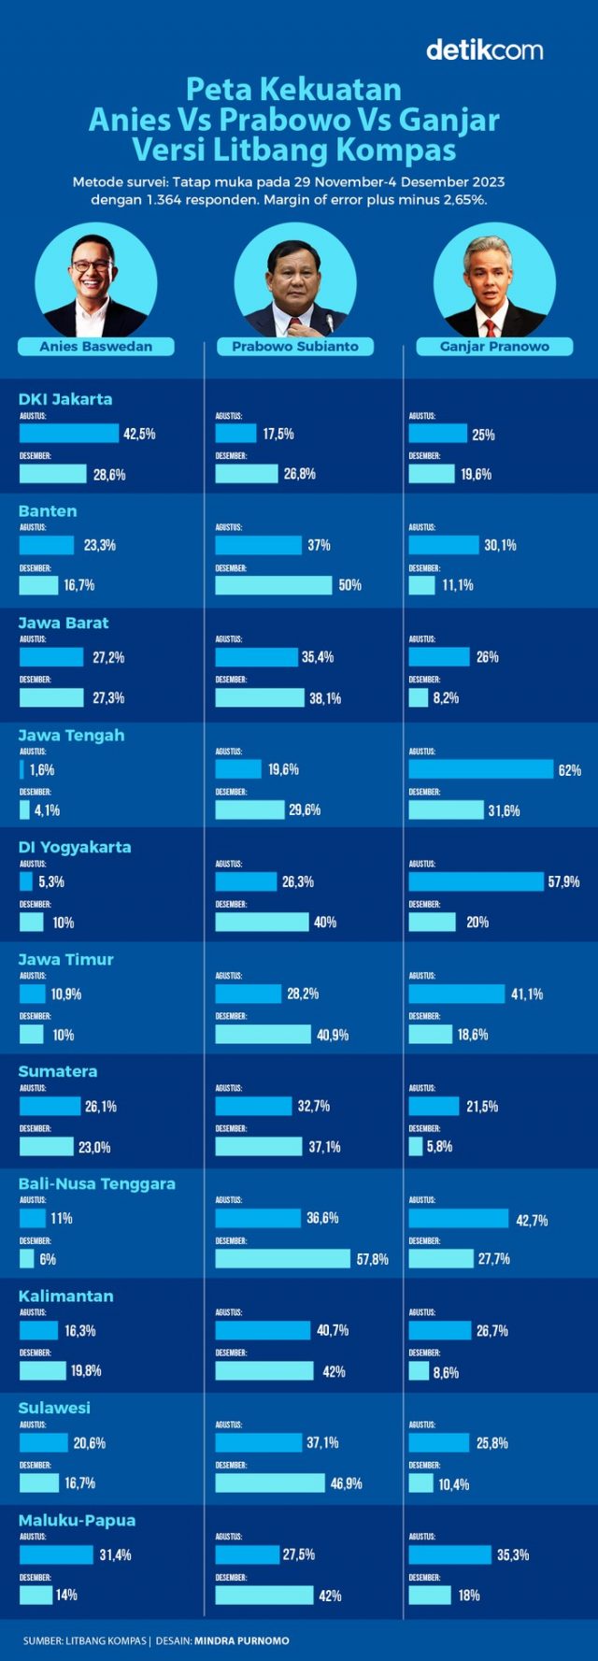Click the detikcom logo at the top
pyautogui.click(x=484, y=50)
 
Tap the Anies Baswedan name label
pyautogui.click(x=96, y=347)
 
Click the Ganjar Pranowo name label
pyautogui.click(x=494, y=347)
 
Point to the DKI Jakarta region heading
pyautogui.click(x=65, y=399)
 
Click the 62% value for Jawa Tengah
pyautogui.click(x=569, y=770)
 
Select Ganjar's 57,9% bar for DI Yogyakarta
pyautogui.click(x=476, y=881)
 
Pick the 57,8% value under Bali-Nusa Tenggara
pyautogui.click(x=372, y=1259)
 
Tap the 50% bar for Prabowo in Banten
pyautogui.click(x=273, y=585)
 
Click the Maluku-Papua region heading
pyautogui.click(x=77, y=1521)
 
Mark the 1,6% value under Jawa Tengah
pyautogui.click(x=42, y=770)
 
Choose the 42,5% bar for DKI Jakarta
pyautogui.click(x=69, y=434)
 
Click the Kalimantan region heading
pyautogui.click(x=65, y=1296)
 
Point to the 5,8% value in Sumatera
pyautogui.click(x=439, y=1147)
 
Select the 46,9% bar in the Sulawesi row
pyautogui.click(x=270, y=1483)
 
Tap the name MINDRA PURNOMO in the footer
pyautogui.click(x=241, y=1640)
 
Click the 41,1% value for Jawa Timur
pyautogui.click(x=526, y=995)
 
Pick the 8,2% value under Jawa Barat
pyautogui.click(x=446, y=698)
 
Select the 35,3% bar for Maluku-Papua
pyautogui.click(x=449, y=1554)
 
